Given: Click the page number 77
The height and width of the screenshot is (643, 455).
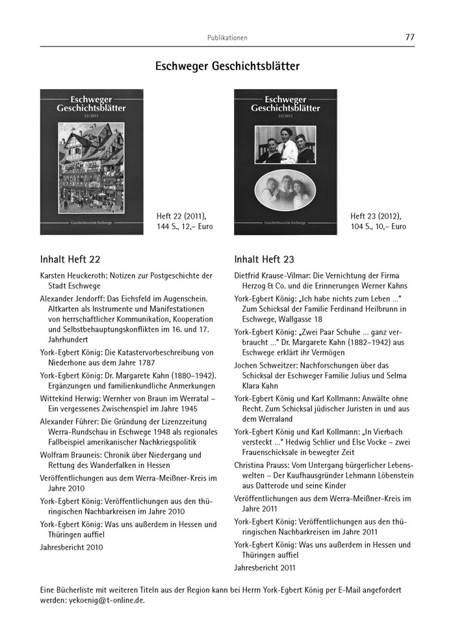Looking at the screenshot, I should click(409, 37).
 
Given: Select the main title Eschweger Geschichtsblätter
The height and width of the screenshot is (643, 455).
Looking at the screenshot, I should click(227, 66).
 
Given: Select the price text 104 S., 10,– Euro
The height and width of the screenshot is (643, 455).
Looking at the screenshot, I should click(378, 226).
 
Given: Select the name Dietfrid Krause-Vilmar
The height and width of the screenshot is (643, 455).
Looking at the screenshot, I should click(273, 275).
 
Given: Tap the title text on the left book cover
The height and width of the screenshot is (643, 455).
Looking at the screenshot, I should click(83, 104).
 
